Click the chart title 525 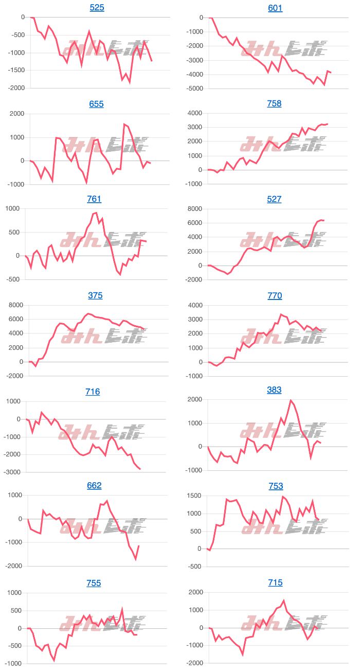97,8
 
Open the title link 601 275,8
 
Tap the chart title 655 96,103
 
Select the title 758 275,103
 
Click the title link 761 94,199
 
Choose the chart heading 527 274,199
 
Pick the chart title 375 95,295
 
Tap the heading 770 275,295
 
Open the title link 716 93,392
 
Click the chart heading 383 274,390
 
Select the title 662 94,485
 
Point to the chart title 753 276,486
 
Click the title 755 94,583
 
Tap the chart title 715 275,583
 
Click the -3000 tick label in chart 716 14,472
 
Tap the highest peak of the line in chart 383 291,400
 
